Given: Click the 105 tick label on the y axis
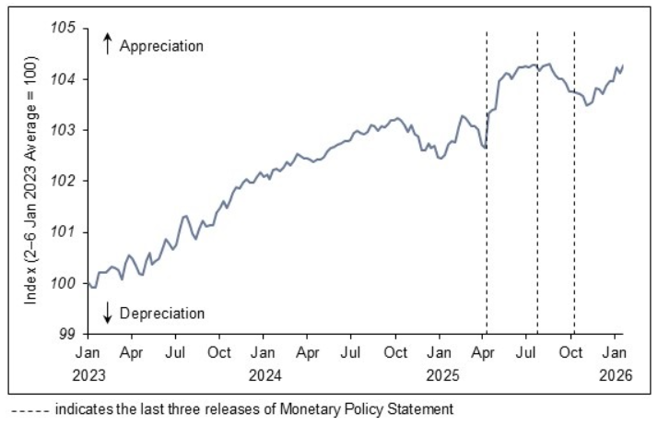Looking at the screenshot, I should (x=64, y=29).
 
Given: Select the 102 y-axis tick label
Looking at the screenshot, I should (x=64, y=181).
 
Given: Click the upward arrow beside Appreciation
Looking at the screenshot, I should (x=107, y=43).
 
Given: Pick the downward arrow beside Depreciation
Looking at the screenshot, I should (x=107, y=313).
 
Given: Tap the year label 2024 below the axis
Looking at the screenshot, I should (x=263, y=375).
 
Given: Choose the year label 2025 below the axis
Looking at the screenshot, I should (x=439, y=375).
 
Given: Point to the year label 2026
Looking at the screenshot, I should (x=614, y=375).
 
